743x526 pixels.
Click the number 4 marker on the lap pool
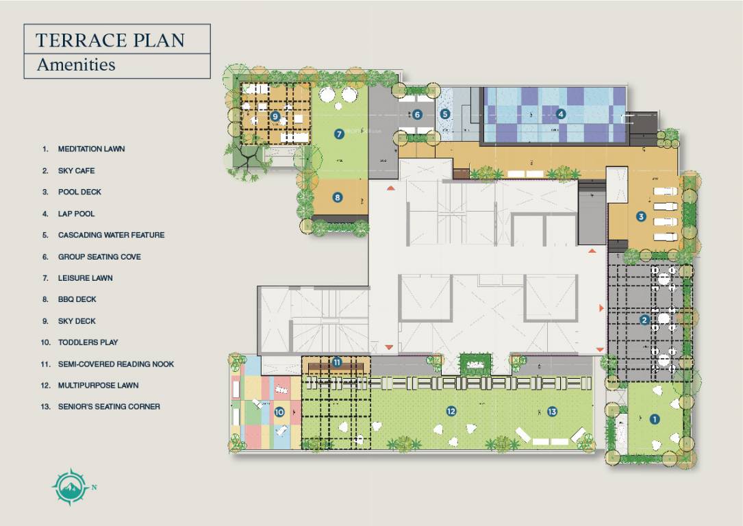[x=561, y=114]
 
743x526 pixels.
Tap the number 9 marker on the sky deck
[x=275, y=116]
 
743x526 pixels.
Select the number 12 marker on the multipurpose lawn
[x=451, y=412]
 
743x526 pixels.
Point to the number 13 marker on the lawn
[x=552, y=412]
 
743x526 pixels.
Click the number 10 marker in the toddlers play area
[x=279, y=412]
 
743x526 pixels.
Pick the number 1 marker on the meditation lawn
[x=655, y=419]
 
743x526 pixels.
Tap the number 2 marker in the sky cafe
[x=644, y=320]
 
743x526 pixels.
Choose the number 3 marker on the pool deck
[x=641, y=216]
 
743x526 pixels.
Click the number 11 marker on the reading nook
[x=337, y=362]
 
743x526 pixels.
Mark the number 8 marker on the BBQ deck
[x=338, y=197]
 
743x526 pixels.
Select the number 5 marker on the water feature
[x=444, y=114]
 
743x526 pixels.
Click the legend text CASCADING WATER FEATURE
[x=112, y=235]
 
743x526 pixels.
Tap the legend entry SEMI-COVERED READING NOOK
[x=116, y=364]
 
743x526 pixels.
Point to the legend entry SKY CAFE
[x=76, y=171]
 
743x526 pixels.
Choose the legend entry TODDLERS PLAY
[x=88, y=342]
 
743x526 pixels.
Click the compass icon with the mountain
[x=70, y=487]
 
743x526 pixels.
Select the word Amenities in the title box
[x=76, y=64]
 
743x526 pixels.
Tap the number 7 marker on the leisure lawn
[x=339, y=134]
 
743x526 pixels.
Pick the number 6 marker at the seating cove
[x=417, y=114]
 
